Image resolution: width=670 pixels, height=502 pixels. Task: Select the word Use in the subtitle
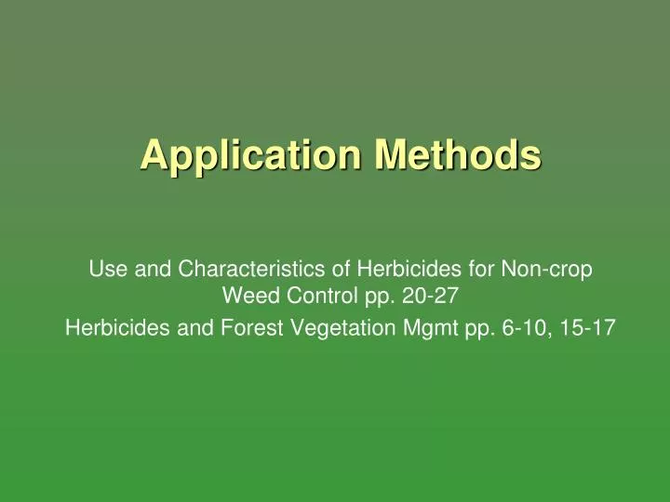[104, 271]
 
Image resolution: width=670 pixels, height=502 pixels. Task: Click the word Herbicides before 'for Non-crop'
[382, 271]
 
